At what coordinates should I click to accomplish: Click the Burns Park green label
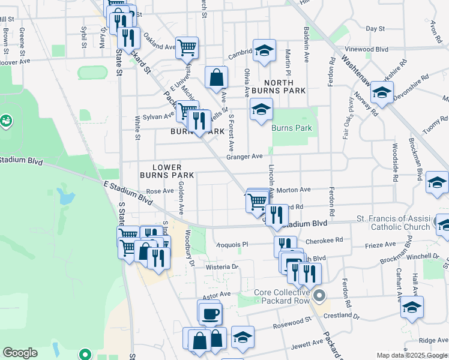pyautogui.click(x=291, y=128)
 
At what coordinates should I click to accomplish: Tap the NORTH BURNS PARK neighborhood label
pyautogui.click(x=279, y=86)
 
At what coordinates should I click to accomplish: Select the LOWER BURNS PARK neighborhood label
pyautogui.click(x=167, y=170)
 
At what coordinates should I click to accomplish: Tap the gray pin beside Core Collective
pyautogui.click(x=320, y=295)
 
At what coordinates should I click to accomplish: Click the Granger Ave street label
pyautogui.click(x=244, y=157)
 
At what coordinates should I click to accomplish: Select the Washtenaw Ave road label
pyautogui.click(x=361, y=65)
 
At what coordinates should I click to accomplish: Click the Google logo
pyautogui.click(x=20, y=353)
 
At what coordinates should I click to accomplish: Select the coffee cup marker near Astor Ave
pyautogui.click(x=210, y=314)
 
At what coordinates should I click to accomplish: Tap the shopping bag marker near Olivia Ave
pyautogui.click(x=216, y=77)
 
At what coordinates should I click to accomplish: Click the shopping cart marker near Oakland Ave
pyautogui.click(x=187, y=47)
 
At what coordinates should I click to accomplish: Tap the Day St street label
pyautogui.click(x=375, y=28)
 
